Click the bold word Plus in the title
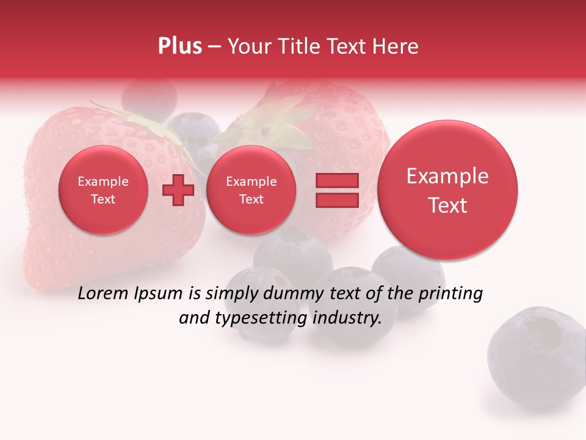click(x=179, y=46)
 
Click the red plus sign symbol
click(x=178, y=190)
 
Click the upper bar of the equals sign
click(x=336, y=180)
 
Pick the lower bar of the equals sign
click(x=336, y=200)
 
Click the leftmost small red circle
click(x=103, y=190)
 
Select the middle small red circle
click(x=251, y=190)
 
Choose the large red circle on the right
click(x=447, y=190)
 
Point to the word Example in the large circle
click(x=447, y=176)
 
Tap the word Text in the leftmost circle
click(x=103, y=199)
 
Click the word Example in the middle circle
click(x=251, y=182)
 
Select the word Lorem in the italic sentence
click(x=103, y=294)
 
